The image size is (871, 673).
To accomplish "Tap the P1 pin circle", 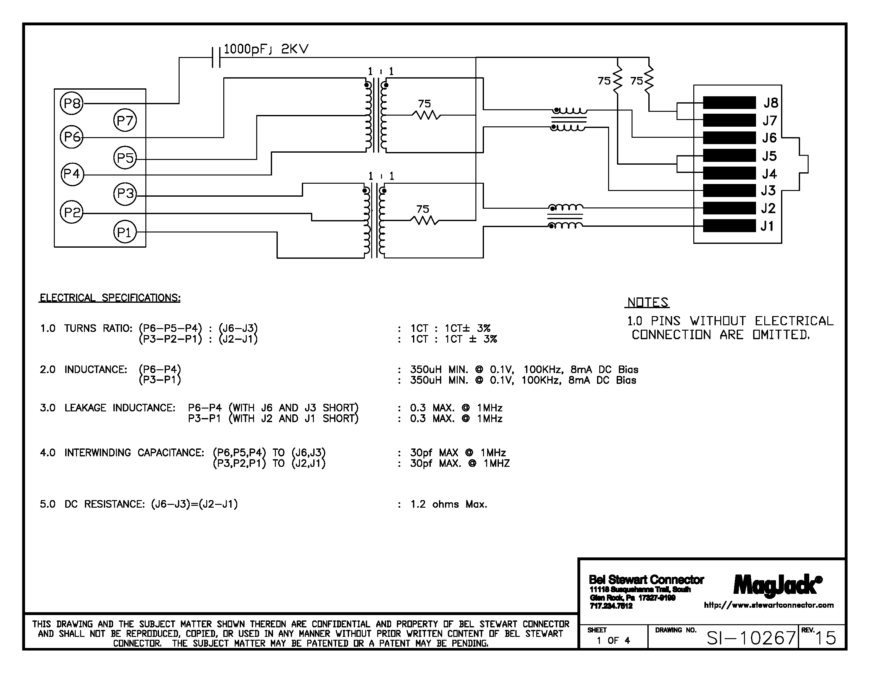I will (x=125, y=232).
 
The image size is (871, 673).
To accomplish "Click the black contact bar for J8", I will (x=729, y=103).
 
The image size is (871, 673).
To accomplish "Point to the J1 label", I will (x=767, y=226).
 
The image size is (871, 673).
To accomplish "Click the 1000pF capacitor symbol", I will (x=216, y=57).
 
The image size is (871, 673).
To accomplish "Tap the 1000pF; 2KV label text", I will (x=266, y=49).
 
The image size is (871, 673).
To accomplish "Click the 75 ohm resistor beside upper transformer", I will (x=426, y=115).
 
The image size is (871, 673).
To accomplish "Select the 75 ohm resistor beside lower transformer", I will (x=424, y=220).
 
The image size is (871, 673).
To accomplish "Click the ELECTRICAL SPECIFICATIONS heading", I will (x=110, y=298).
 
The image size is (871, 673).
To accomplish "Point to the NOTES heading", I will (x=647, y=302).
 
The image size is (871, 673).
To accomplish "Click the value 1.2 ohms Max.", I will (x=449, y=504).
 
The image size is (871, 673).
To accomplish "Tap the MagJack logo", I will (x=777, y=585).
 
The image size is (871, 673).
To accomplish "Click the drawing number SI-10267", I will (x=751, y=638).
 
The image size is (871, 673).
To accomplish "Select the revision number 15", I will (x=825, y=638).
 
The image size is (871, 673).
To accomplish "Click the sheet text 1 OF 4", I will (x=613, y=640).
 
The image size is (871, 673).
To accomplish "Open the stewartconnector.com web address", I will (x=768, y=605).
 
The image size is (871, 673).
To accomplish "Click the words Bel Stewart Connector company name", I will (x=646, y=579).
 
